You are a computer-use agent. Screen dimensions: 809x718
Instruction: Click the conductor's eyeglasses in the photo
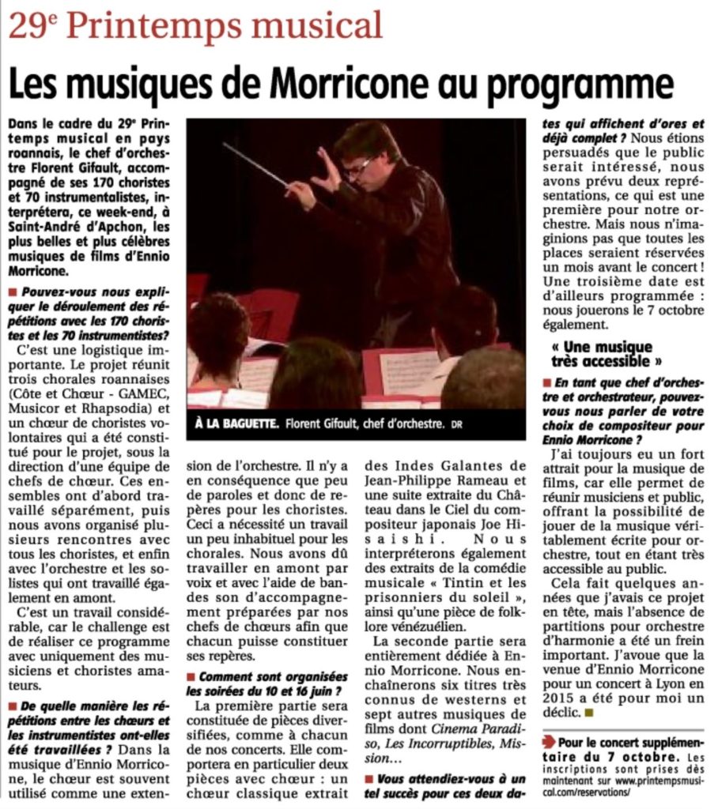(359, 166)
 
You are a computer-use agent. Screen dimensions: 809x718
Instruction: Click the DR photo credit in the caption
(456, 425)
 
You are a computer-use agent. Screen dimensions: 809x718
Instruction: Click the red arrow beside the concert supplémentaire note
(549, 743)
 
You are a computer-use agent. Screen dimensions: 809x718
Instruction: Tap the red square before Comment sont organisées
(191, 677)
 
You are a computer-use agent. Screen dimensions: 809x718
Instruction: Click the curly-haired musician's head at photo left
(218, 332)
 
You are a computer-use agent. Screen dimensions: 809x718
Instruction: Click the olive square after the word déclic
(589, 713)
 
